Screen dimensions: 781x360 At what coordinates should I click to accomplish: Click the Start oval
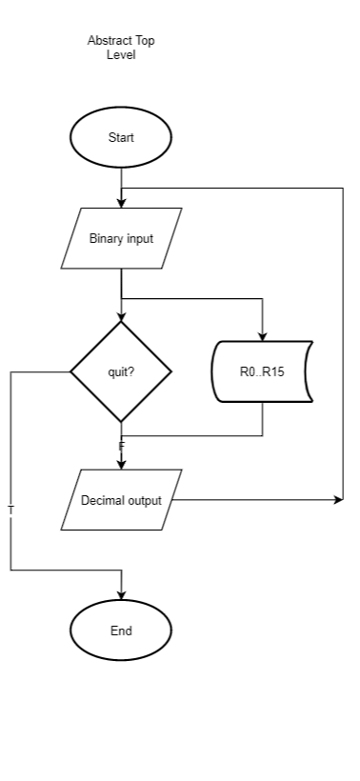pyautogui.click(x=121, y=137)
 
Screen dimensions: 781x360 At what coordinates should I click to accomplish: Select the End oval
pyautogui.click(x=121, y=631)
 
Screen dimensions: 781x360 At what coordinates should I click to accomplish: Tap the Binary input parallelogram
pyautogui.click(x=121, y=238)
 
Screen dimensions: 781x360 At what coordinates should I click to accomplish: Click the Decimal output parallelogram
pyautogui.click(x=121, y=500)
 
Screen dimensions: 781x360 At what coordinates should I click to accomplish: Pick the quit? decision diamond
pyautogui.click(x=121, y=371)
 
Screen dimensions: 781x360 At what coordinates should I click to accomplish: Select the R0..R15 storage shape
pyautogui.click(x=262, y=371)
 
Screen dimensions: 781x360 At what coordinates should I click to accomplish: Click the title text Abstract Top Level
pyautogui.click(x=121, y=48)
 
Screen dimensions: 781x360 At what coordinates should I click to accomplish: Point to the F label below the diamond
pyautogui.click(x=121, y=446)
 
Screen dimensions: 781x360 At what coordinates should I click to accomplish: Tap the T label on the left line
pyautogui.click(x=10, y=511)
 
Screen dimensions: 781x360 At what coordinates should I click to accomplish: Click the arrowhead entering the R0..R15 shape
pyautogui.click(x=262, y=335)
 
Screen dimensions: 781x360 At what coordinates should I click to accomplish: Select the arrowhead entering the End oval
pyautogui.click(x=121, y=596)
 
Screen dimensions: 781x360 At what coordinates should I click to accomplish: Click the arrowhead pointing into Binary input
pyautogui.click(x=121, y=203)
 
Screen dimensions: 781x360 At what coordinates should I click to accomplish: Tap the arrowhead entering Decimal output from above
pyautogui.click(x=121, y=465)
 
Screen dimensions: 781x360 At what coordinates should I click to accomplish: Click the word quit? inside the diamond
pyautogui.click(x=121, y=371)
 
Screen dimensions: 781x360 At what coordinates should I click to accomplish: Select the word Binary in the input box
pyautogui.click(x=107, y=238)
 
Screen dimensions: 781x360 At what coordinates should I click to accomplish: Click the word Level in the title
pyautogui.click(x=121, y=55)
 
